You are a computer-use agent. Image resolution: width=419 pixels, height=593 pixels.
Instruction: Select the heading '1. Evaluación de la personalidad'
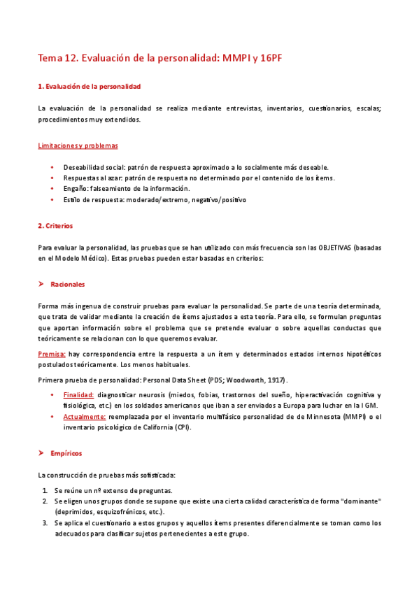89,86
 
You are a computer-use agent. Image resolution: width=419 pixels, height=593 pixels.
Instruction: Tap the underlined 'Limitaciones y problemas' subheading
77,145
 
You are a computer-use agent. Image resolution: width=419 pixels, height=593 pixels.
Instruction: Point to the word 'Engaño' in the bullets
75,189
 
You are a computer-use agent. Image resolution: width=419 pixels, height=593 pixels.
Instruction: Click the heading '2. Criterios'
55,227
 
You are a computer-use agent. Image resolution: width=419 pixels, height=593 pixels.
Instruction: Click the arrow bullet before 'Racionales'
41,285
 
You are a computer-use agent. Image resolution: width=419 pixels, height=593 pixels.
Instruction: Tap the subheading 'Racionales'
68,285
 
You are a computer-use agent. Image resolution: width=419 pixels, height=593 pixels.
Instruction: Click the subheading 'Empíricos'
66,453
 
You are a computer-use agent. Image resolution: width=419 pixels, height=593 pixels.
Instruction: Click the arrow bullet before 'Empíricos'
41,453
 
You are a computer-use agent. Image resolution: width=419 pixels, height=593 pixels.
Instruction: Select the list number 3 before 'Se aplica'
45,522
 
